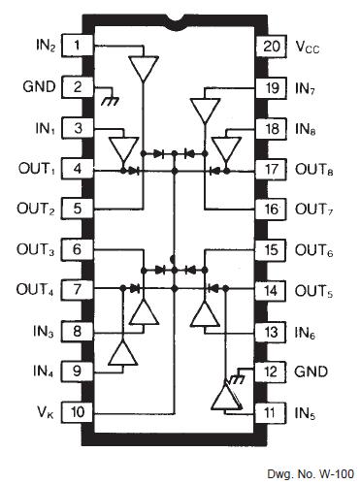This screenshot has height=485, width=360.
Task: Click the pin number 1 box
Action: click(78, 44)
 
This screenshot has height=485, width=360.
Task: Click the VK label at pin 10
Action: click(42, 412)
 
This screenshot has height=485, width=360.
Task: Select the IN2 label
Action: click(40, 45)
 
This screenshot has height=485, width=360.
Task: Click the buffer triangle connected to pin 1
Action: click(143, 69)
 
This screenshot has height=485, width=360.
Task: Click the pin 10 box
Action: click(78, 413)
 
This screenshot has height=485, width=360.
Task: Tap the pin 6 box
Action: click(78, 250)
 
